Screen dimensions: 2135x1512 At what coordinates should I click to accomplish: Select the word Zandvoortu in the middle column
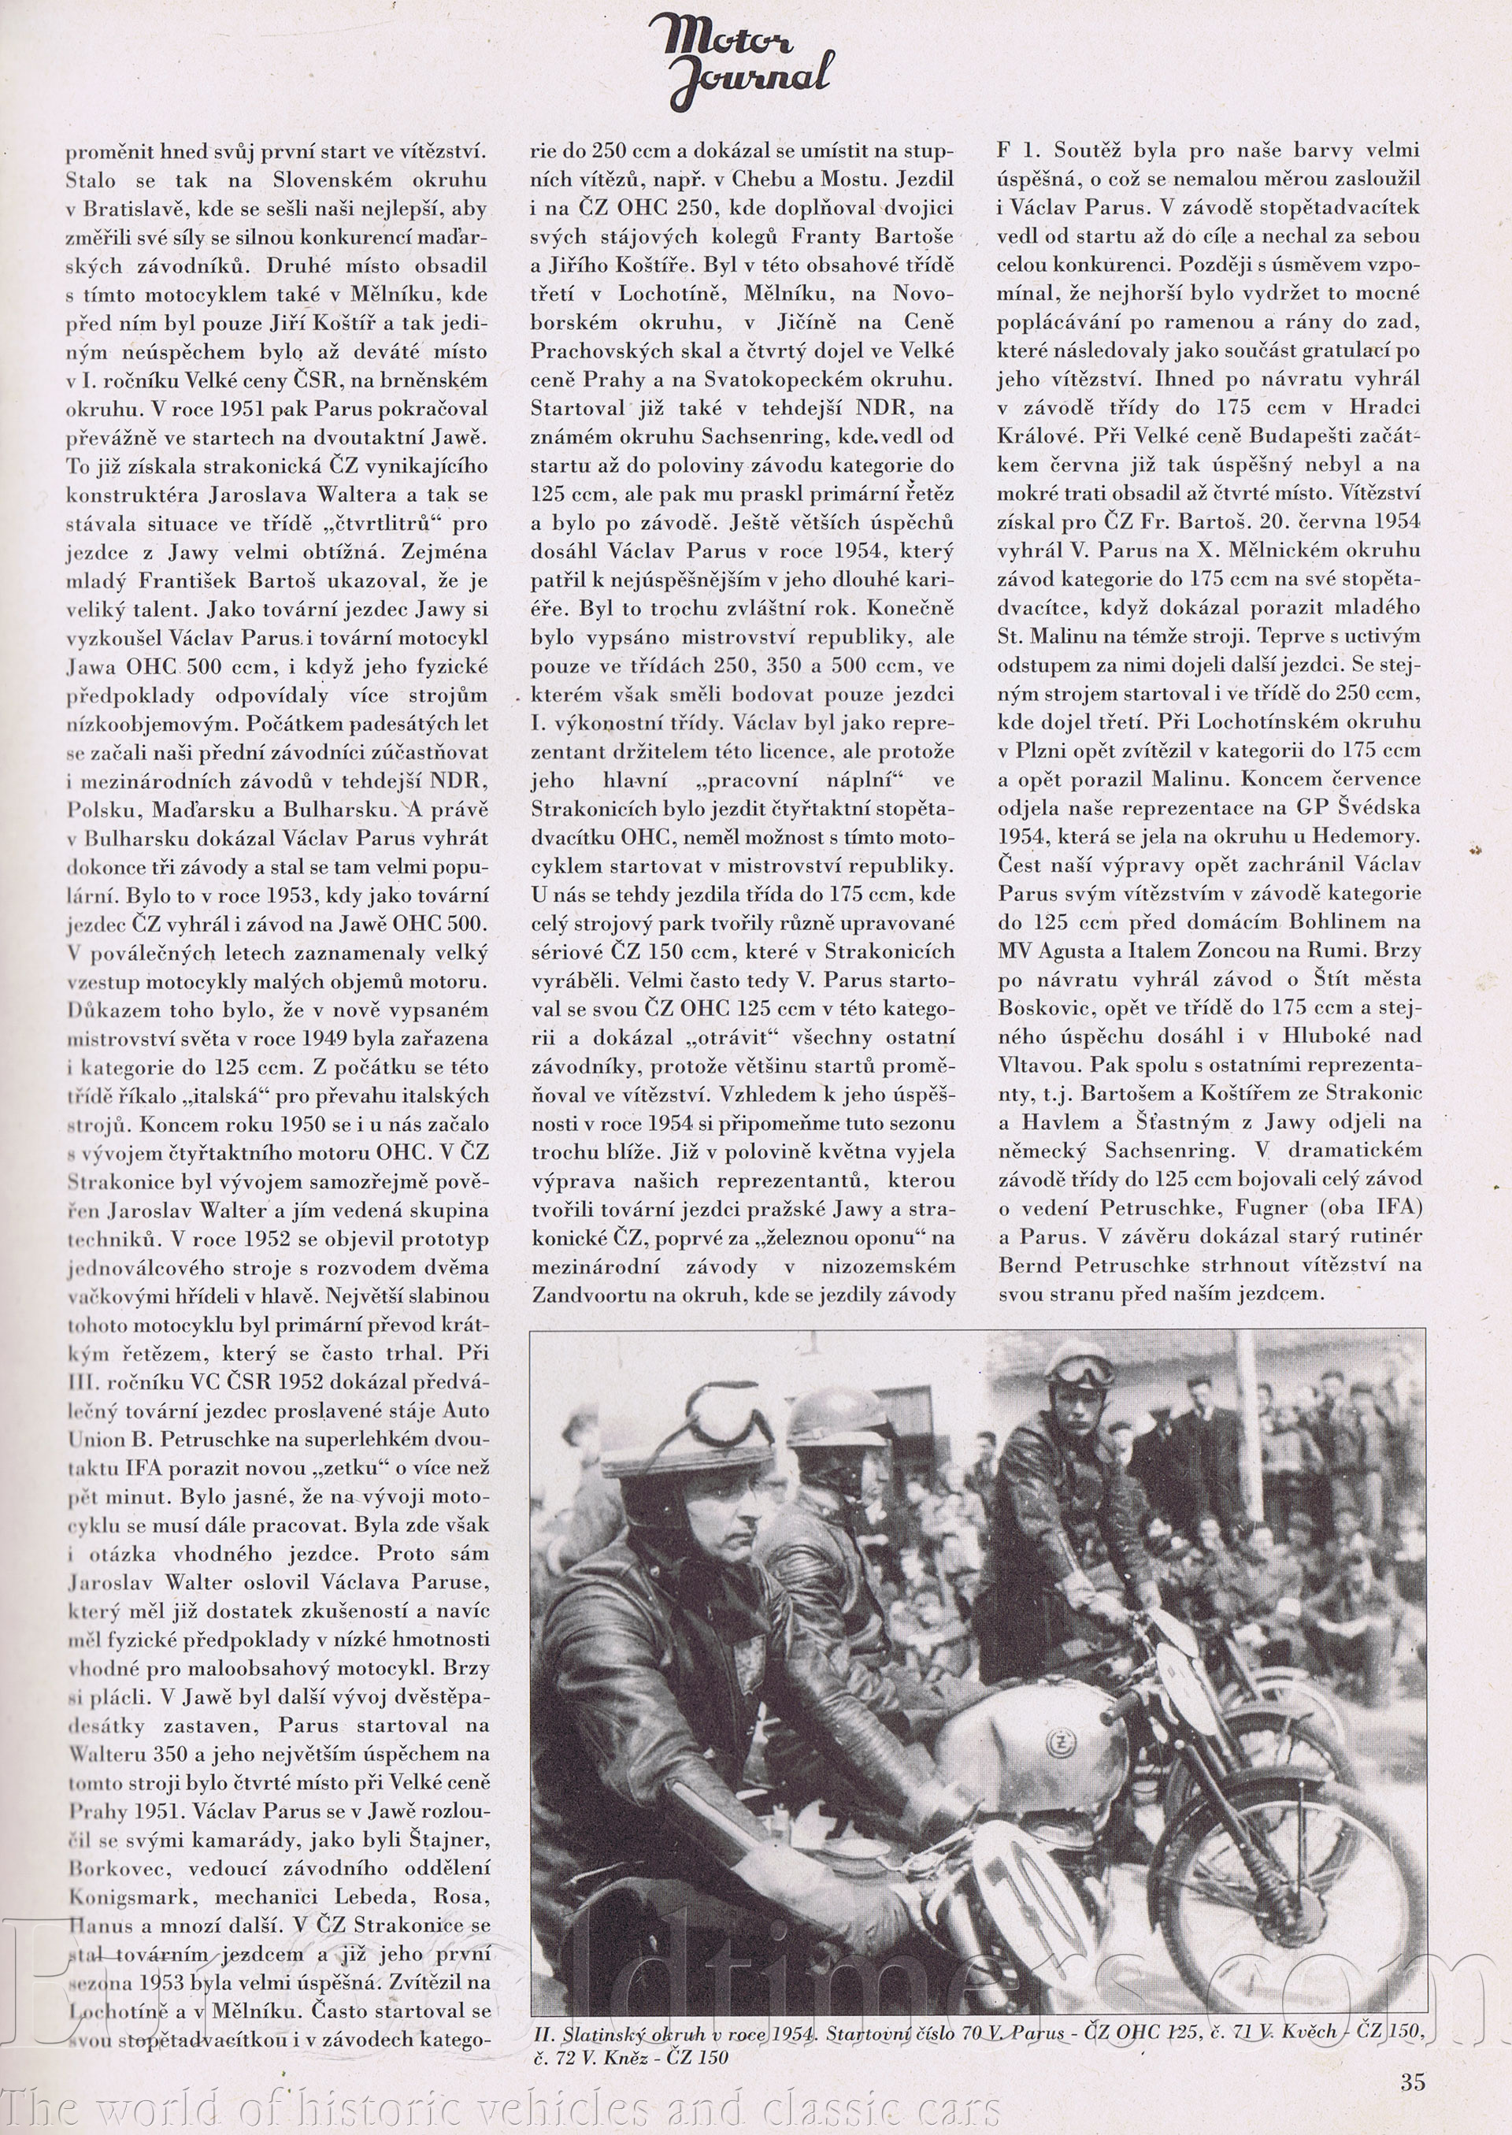[579, 1294]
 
